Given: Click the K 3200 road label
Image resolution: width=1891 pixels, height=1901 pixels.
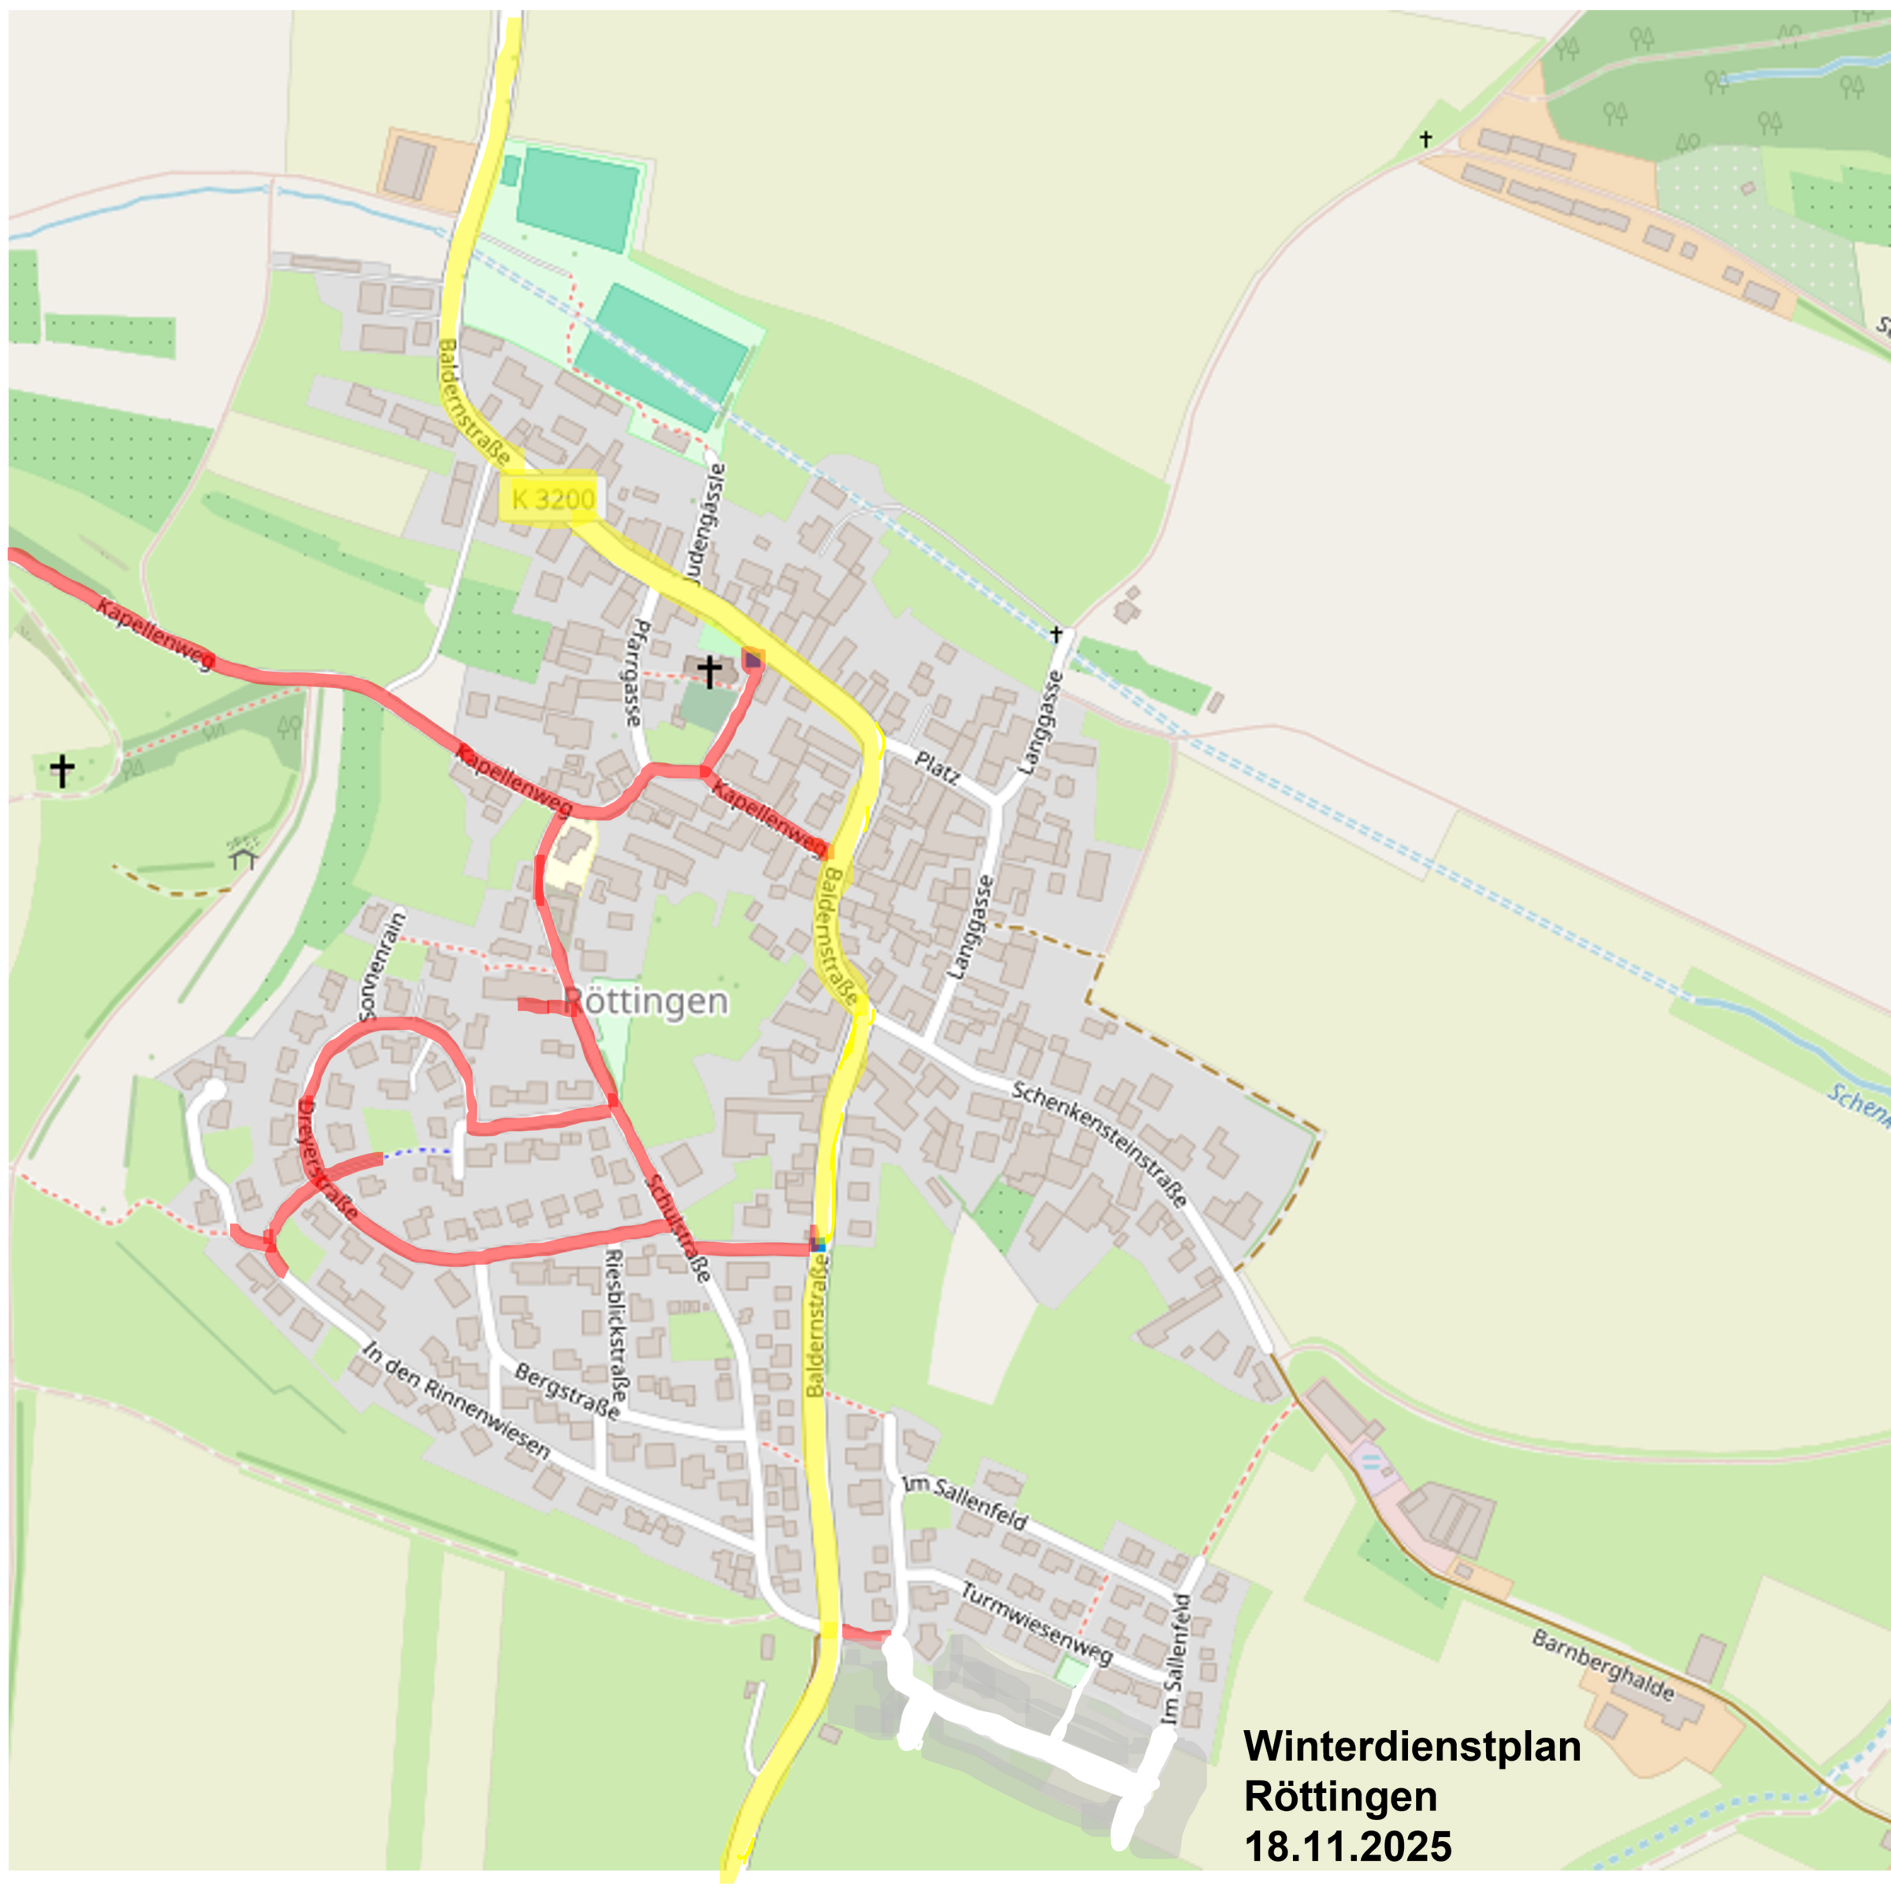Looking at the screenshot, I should [x=552, y=500].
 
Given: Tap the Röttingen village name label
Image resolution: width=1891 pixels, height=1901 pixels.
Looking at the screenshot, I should [x=645, y=1002].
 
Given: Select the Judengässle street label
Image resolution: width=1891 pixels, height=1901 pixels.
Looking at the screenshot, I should [x=708, y=523].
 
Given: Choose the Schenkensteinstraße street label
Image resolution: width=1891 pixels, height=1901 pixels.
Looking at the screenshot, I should [x=1099, y=1145].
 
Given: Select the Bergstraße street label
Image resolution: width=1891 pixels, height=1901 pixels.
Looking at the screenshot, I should [x=567, y=1391].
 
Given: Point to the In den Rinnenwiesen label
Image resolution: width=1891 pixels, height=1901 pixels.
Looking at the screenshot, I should [x=455, y=1401].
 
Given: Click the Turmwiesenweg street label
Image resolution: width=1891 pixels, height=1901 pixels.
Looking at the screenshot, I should [x=1036, y=1624].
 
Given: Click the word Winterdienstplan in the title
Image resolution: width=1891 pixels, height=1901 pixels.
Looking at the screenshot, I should [x=1412, y=1747].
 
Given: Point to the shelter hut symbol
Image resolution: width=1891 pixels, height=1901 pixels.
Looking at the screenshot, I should [x=243, y=858].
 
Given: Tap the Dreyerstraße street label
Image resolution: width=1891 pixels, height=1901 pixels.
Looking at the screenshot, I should [x=325, y=1159].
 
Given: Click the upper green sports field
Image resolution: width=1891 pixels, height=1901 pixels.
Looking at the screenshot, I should [x=578, y=199].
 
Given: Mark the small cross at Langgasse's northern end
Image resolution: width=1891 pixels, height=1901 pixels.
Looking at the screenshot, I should [x=1056, y=634].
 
